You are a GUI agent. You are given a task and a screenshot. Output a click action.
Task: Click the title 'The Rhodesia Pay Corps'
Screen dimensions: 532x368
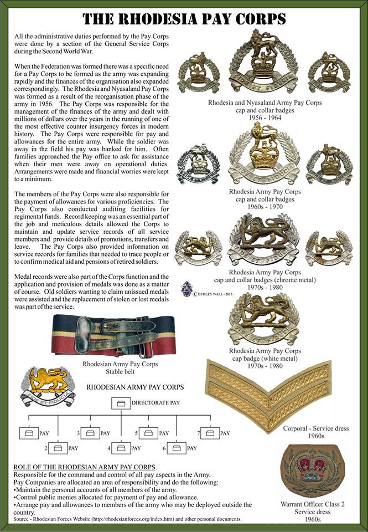tap(184, 19)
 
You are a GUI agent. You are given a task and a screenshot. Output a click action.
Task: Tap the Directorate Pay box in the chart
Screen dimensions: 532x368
tap(121, 404)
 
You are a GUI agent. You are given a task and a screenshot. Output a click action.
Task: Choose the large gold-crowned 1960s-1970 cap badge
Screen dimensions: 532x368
tap(263, 155)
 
